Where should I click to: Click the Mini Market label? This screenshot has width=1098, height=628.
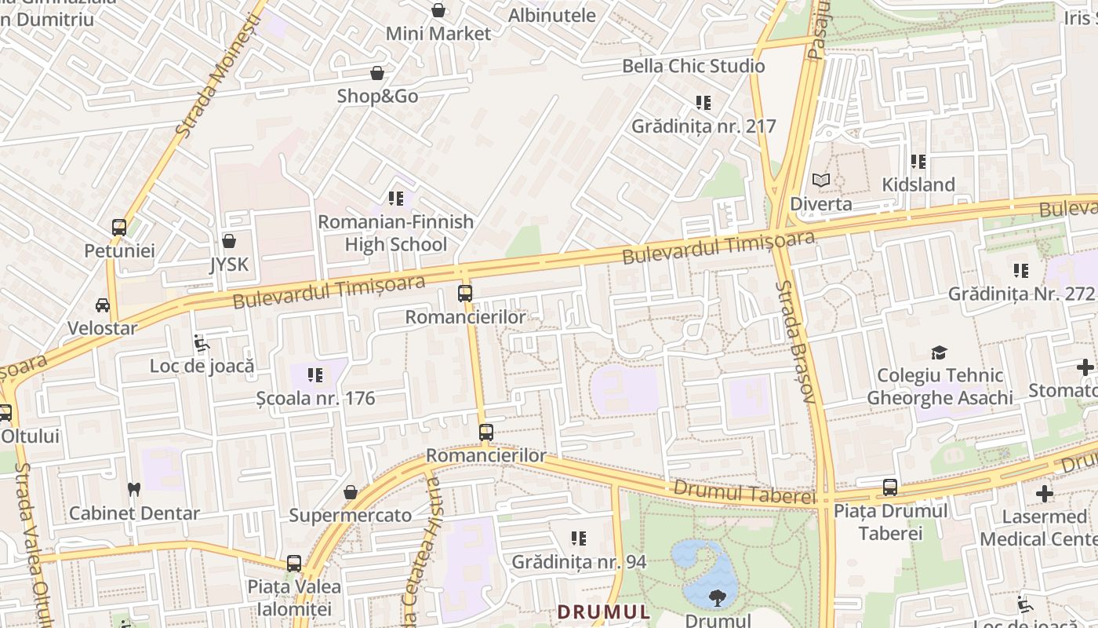click(438, 34)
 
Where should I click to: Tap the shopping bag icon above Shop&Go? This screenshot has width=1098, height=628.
click(377, 73)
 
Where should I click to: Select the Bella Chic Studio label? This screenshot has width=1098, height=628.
click(693, 66)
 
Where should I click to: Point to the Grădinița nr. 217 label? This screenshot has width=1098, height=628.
click(704, 126)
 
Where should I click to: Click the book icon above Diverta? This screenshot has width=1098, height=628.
click(820, 181)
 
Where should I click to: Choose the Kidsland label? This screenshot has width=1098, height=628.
click(918, 184)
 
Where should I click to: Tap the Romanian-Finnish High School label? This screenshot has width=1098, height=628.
click(395, 233)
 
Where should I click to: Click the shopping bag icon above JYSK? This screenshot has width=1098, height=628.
click(229, 241)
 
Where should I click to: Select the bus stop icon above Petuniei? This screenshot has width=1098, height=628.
click(119, 228)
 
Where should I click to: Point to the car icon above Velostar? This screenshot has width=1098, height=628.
click(103, 305)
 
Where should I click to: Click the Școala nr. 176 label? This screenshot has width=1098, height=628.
click(316, 398)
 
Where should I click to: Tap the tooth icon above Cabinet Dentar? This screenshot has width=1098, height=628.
click(133, 489)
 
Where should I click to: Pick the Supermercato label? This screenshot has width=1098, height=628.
click(350, 516)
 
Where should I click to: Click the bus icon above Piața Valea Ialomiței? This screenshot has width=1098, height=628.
click(294, 563)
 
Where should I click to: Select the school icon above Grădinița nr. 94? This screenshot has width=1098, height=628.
click(579, 539)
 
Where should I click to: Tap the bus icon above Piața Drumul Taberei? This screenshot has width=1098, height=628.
click(890, 487)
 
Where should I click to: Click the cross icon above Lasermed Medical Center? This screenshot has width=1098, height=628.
click(1044, 494)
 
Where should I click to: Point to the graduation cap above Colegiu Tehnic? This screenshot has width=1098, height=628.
click(939, 352)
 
